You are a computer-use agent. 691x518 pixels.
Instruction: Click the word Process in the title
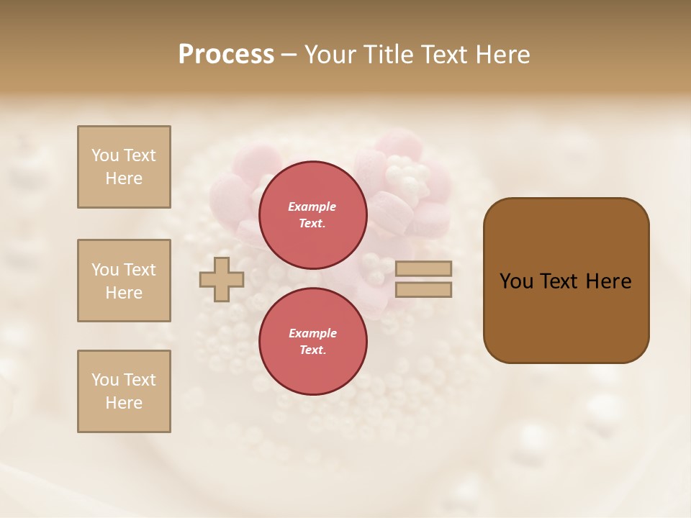click(x=226, y=55)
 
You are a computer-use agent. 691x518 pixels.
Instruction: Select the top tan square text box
click(x=124, y=167)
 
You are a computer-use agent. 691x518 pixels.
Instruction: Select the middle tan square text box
click(x=124, y=281)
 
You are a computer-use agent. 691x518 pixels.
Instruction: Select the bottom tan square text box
click(x=124, y=391)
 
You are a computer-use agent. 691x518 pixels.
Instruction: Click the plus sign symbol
click(x=222, y=279)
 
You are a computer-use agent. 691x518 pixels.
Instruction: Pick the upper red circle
click(x=312, y=214)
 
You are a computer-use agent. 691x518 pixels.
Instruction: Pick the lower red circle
click(x=312, y=341)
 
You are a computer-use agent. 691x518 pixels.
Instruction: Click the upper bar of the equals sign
click(x=423, y=268)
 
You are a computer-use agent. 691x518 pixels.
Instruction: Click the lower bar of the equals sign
click(x=423, y=289)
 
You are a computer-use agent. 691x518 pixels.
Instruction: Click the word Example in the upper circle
click(x=312, y=206)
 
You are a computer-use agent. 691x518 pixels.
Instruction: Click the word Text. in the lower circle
click(x=312, y=350)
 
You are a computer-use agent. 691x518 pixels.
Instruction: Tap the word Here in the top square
click(x=124, y=178)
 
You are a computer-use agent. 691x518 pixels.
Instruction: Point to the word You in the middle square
click(x=105, y=270)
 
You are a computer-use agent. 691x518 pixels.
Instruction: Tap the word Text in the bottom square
click(x=140, y=380)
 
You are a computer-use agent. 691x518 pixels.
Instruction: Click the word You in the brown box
click(x=516, y=281)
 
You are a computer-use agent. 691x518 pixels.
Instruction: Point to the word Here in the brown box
click(x=608, y=281)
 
